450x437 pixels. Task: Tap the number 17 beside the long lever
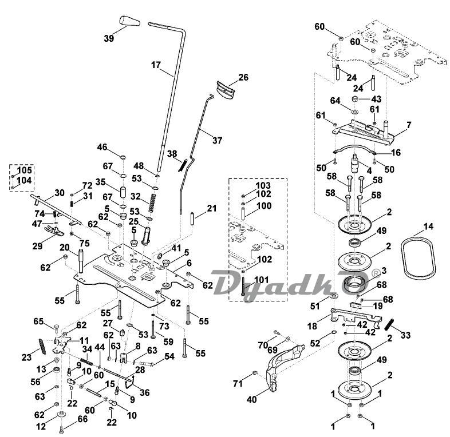click(x=156, y=65)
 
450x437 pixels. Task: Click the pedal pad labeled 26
click(x=226, y=90)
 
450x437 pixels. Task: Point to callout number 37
click(x=217, y=140)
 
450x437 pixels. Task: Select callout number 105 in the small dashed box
click(x=24, y=170)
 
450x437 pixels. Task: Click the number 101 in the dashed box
click(x=262, y=280)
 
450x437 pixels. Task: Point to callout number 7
click(x=409, y=125)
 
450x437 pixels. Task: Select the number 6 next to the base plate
click(x=188, y=263)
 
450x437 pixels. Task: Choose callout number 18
click(x=312, y=326)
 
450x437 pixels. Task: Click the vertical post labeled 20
click(x=80, y=262)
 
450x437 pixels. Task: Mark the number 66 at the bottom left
click(x=82, y=419)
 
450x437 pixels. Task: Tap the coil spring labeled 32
click(x=152, y=203)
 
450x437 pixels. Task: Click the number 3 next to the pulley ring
click(x=384, y=271)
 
